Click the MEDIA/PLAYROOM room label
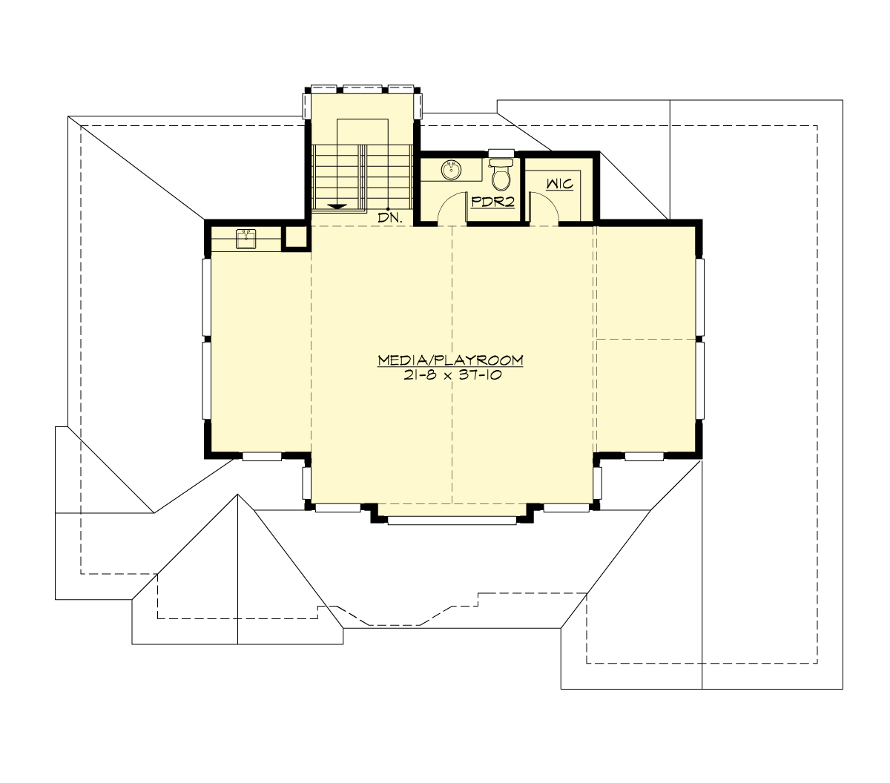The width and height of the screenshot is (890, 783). pyautogui.click(x=450, y=360)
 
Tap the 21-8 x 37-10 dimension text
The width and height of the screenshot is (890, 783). pyautogui.click(x=450, y=375)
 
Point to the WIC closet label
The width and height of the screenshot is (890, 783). pyautogui.click(x=560, y=183)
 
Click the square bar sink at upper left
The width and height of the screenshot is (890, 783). pyautogui.click(x=245, y=238)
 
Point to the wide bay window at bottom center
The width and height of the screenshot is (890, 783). pyautogui.click(x=451, y=521)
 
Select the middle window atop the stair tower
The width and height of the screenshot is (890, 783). pyautogui.click(x=363, y=89)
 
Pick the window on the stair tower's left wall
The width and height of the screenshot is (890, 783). pyautogui.click(x=307, y=105)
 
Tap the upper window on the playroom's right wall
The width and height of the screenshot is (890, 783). pyautogui.click(x=699, y=296)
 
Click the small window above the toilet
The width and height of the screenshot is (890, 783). pyautogui.click(x=502, y=152)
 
